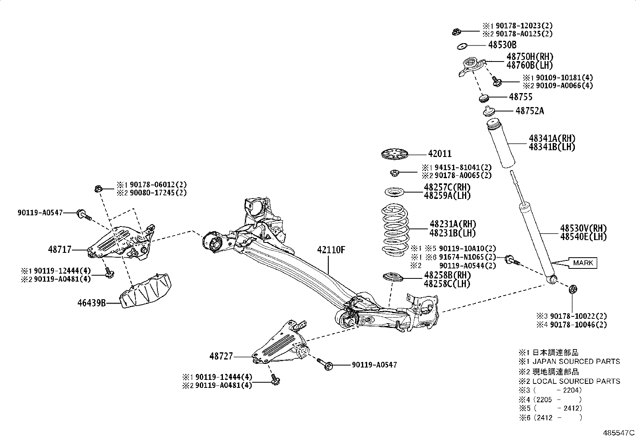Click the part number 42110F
331,250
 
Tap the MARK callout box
583,263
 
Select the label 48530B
502,45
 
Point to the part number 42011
439,154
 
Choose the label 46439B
91,303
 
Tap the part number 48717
60,250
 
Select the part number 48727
221,356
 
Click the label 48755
521,97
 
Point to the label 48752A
529,111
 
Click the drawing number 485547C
618,433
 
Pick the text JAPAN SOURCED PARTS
576,362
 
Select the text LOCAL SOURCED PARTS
576,381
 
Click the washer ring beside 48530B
462,46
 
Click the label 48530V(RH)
583,228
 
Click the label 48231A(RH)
453,224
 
